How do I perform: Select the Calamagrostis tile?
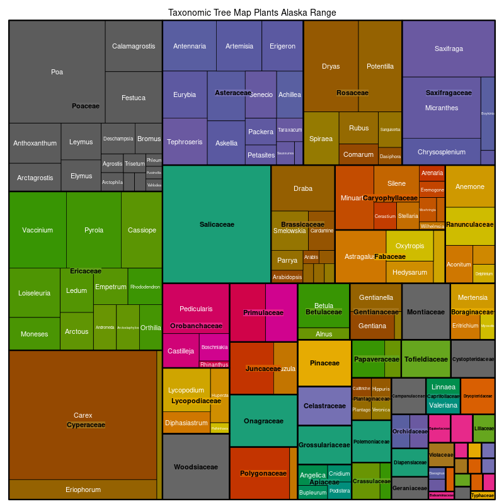134,46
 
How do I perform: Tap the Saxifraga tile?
448,49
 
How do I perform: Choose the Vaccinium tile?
38,230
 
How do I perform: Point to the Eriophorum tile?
83,490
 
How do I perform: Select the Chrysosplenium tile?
441,152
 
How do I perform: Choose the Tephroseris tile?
185,142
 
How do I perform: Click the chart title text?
252,13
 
